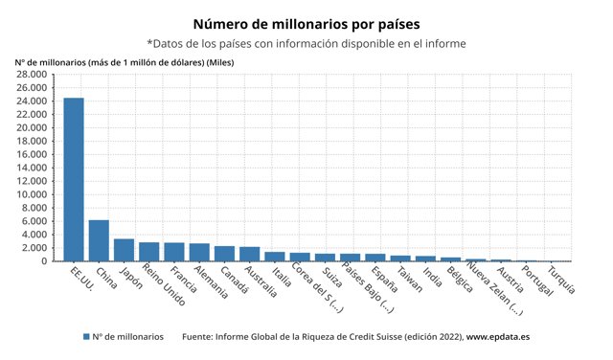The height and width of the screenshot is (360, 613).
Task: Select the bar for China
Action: tap(99, 240)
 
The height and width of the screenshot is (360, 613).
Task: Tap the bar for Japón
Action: tap(124, 250)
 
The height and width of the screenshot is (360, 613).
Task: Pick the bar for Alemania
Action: tap(199, 252)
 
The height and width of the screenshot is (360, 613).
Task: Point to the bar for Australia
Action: tap(249, 254)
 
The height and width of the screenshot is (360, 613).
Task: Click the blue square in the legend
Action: tap(85, 336)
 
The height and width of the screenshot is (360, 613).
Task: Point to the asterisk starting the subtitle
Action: tap(150, 43)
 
